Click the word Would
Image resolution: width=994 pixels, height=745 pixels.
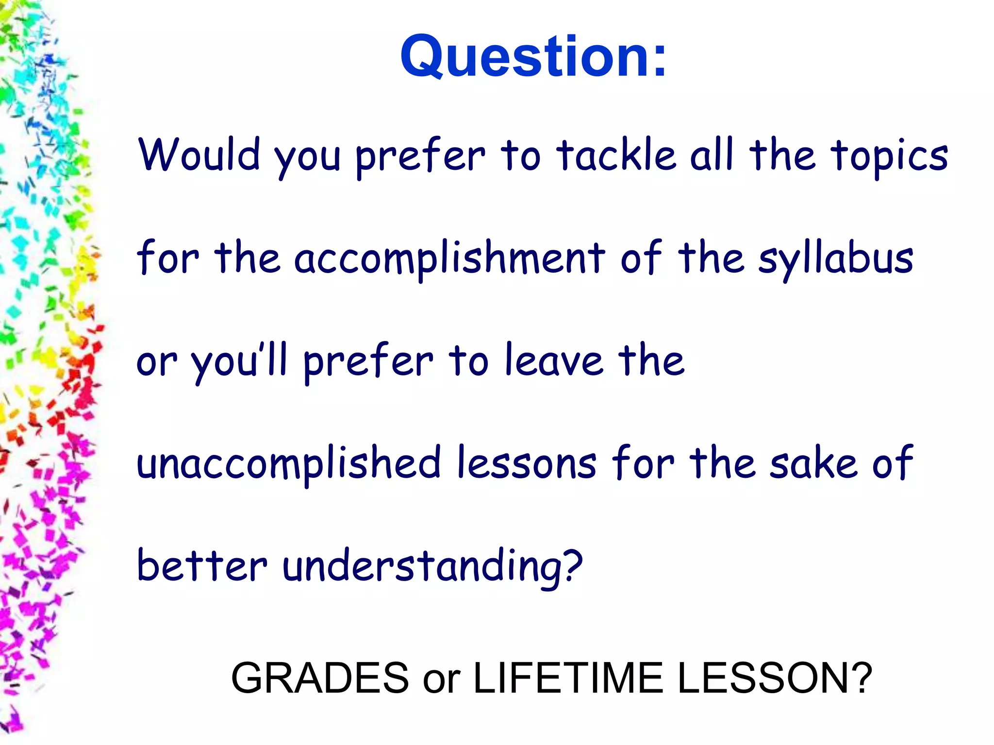199,155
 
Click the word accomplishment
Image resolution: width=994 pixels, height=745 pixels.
449,258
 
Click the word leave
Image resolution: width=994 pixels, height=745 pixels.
553,361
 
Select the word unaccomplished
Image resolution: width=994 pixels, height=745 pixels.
289,464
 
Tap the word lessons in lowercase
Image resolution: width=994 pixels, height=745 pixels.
527,464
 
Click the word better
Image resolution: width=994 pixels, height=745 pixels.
202,566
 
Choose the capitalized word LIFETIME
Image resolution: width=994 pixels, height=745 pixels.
568,678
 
